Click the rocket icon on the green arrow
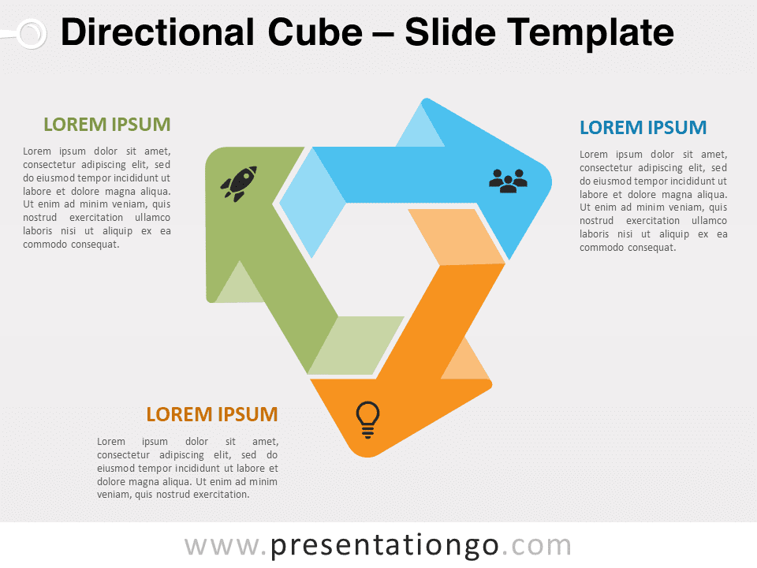(239, 184)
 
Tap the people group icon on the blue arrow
(508, 181)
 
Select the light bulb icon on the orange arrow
(368, 420)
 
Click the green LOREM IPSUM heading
(107, 124)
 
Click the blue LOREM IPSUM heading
(643, 128)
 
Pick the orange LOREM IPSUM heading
(212, 414)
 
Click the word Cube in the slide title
(315, 32)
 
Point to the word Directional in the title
(158, 32)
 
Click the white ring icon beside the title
(32, 34)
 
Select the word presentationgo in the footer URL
(384, 546)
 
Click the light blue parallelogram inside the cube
(312, 203)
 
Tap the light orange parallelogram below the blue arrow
(457, 237)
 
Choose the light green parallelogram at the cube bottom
(356, 346)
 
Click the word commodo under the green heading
(46, 245)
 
